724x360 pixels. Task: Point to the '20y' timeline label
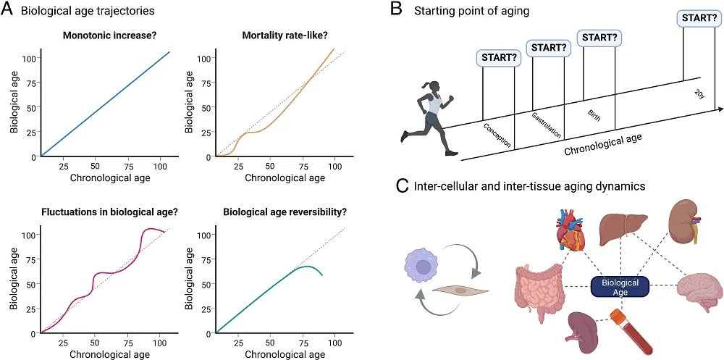click(x=698, y=93)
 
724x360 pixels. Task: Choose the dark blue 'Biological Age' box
click(x=621, y=288)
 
